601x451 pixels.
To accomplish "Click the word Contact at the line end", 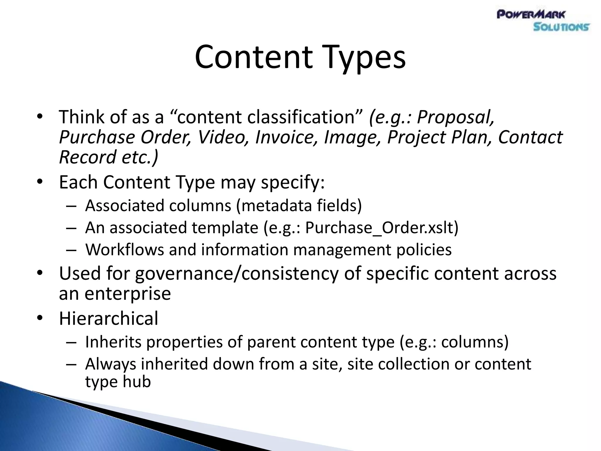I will [530, 137].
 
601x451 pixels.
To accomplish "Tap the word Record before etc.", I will [88, 157].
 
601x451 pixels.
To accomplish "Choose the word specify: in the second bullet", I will [293, 182].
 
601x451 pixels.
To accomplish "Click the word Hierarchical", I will [109, 319].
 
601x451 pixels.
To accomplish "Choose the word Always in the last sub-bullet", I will [111, 364].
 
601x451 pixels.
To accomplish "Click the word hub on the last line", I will [137, 382].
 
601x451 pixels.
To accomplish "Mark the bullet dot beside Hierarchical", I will [40, 319].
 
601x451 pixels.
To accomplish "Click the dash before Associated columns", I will [71, 206].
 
